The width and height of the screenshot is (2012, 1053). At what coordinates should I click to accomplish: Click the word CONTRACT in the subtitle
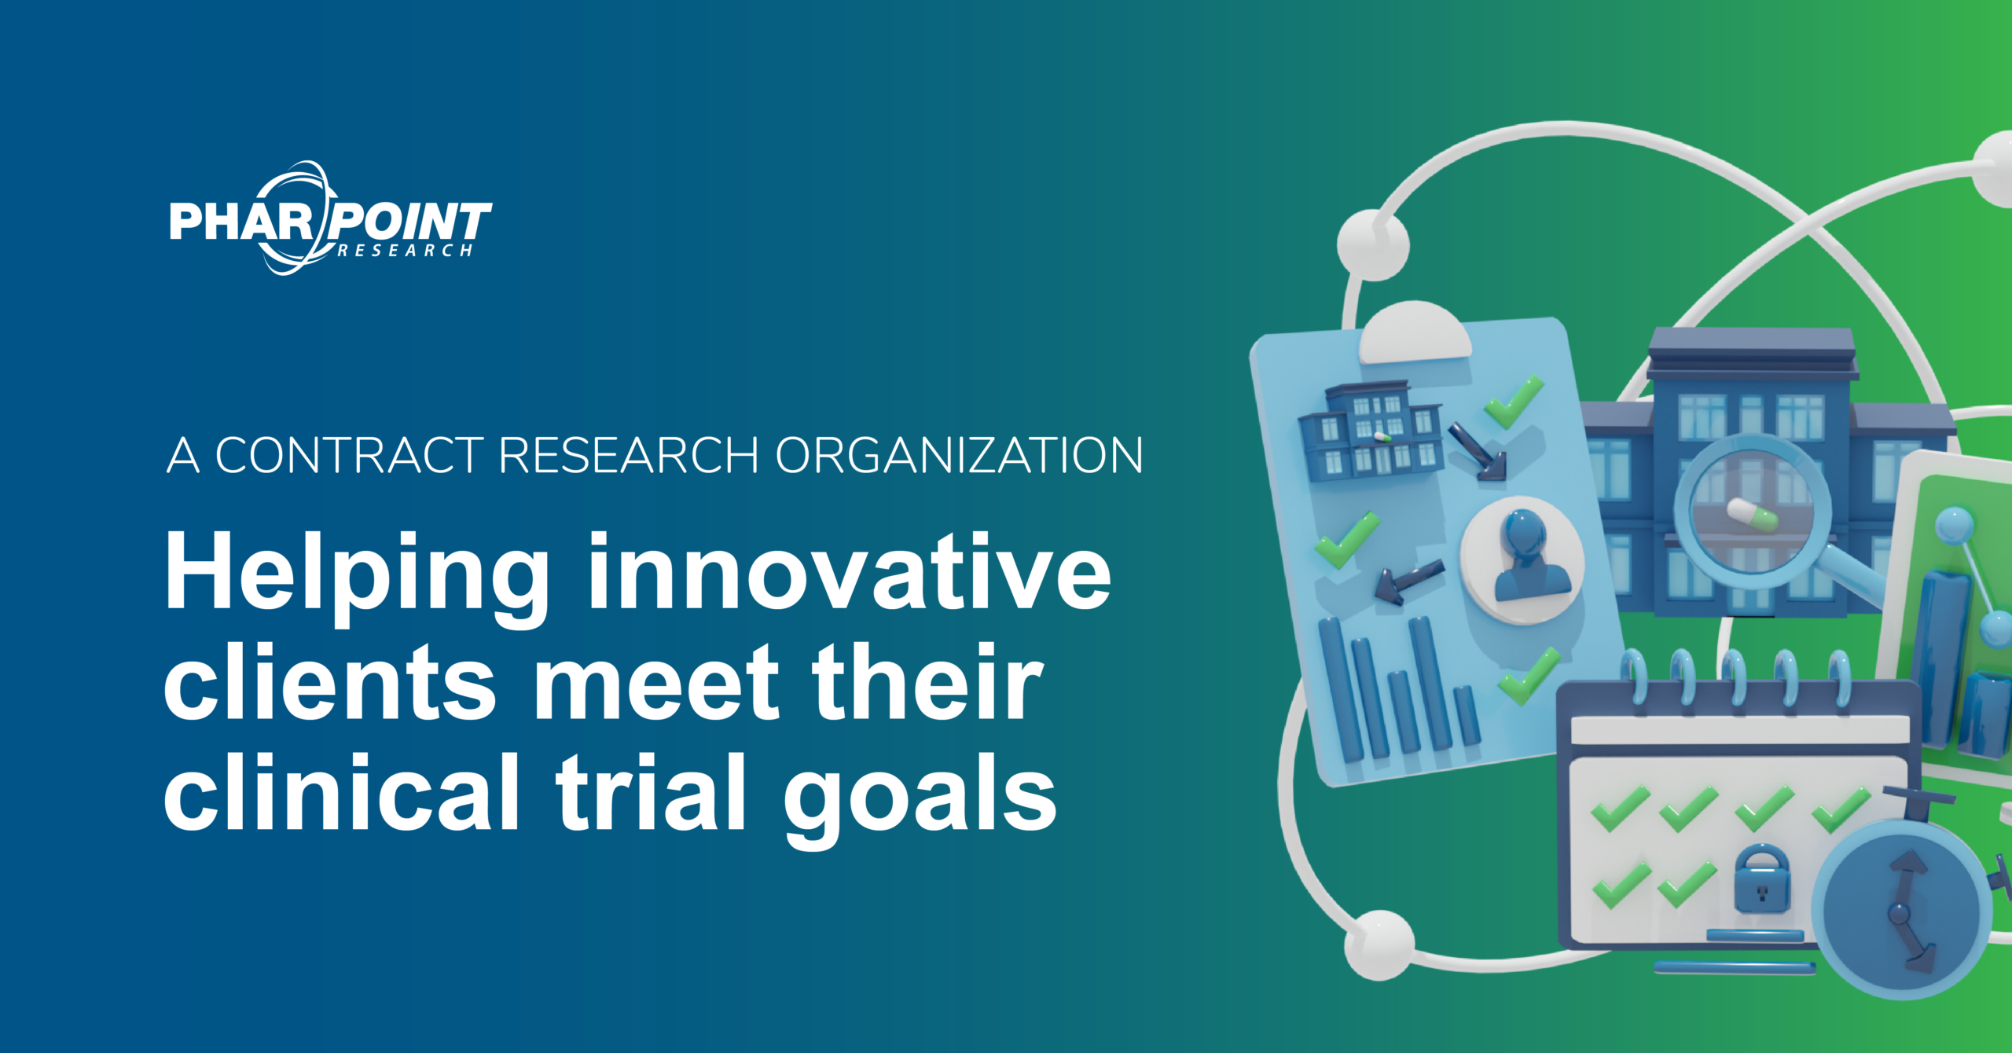pyautogui.click(x=349, y=455)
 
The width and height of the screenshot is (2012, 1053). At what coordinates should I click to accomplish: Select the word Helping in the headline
pyautogui.click(x=358, y=574)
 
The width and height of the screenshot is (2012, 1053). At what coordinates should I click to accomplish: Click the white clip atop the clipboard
pyautogui.click(x=1415, y=334)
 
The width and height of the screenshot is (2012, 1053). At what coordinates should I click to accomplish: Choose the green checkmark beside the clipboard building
pyautogui.click(x=1513, y=402)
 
